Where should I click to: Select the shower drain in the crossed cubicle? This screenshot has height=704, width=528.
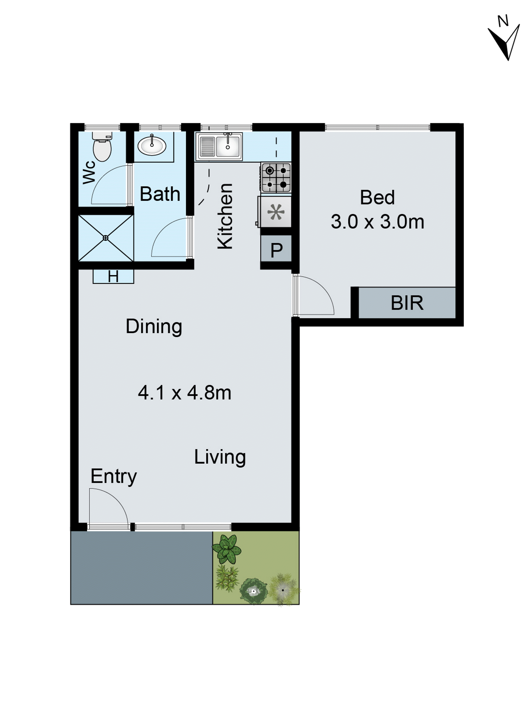(x=105, y=238)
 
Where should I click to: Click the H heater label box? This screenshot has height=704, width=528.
(x=113, y=276)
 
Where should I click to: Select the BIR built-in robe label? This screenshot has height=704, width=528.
(x=407, y=303)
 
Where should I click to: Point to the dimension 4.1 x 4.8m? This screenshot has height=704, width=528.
(x=184, y=392)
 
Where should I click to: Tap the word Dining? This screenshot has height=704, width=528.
(x=154, y=326)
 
